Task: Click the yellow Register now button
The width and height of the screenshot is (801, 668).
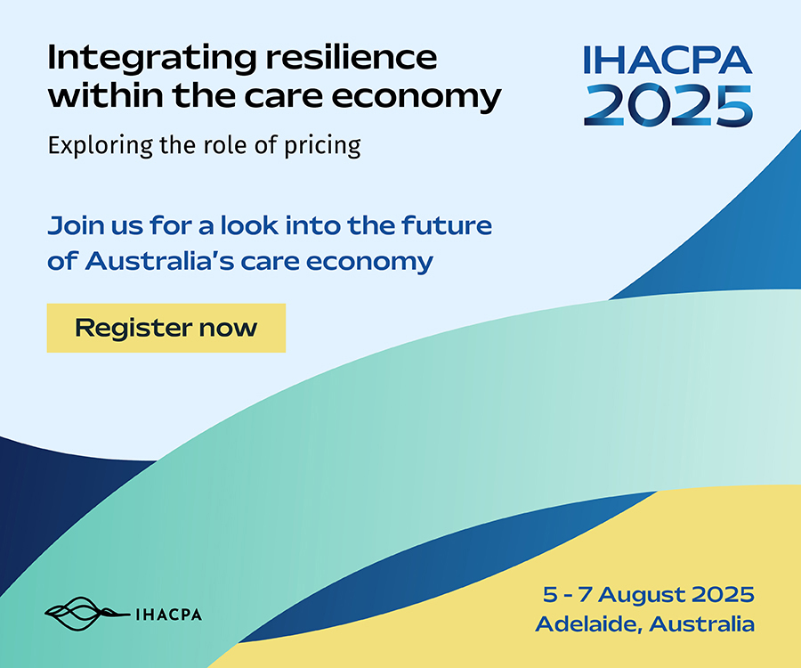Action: coord(166,328)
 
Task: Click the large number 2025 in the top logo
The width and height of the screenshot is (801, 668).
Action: coord(668,105)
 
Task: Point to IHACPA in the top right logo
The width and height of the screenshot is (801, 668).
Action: coord(667,60)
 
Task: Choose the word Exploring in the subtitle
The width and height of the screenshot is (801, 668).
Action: coord(101,146)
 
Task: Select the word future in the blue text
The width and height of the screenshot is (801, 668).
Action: coord(447,225)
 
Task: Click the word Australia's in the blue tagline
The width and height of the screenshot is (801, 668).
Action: coord(159,261)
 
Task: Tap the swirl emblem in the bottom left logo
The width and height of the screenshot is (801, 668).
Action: coord(87,614)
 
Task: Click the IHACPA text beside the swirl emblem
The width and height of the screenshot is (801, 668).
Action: coord(168,615)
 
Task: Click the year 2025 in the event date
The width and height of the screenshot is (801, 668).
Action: coord(723,594)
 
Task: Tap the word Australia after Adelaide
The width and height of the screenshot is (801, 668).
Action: coord(702,624)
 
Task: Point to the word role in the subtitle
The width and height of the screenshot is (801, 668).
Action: coord(225,145)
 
